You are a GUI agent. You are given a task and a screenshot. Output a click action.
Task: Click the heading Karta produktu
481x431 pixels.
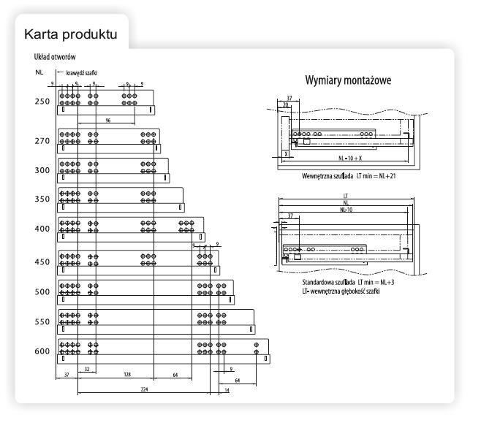pos(70,34)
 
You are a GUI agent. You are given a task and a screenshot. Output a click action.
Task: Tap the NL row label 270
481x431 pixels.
pos(41,141)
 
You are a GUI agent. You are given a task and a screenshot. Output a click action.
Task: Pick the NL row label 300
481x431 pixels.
pos(41,169)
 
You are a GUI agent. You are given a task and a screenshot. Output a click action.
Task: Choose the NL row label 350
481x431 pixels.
pos(41,199)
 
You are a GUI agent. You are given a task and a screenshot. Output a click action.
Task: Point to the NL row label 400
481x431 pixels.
pos(41,229)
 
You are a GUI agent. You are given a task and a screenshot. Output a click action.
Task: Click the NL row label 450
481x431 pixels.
pos(41,262)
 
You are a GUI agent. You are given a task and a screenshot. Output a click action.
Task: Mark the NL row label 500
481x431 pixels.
pos(41,291)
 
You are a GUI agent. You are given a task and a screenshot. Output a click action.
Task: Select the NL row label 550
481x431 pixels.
pos(41,321)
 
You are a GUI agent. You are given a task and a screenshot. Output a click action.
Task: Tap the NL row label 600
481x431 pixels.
pos(41,351)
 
